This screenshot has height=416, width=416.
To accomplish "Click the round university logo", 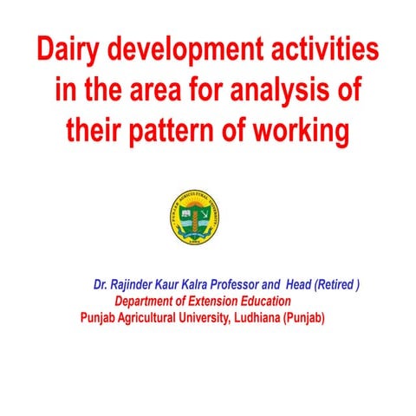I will pos(195,218).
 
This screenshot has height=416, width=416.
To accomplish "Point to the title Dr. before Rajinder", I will pos(100,284).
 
